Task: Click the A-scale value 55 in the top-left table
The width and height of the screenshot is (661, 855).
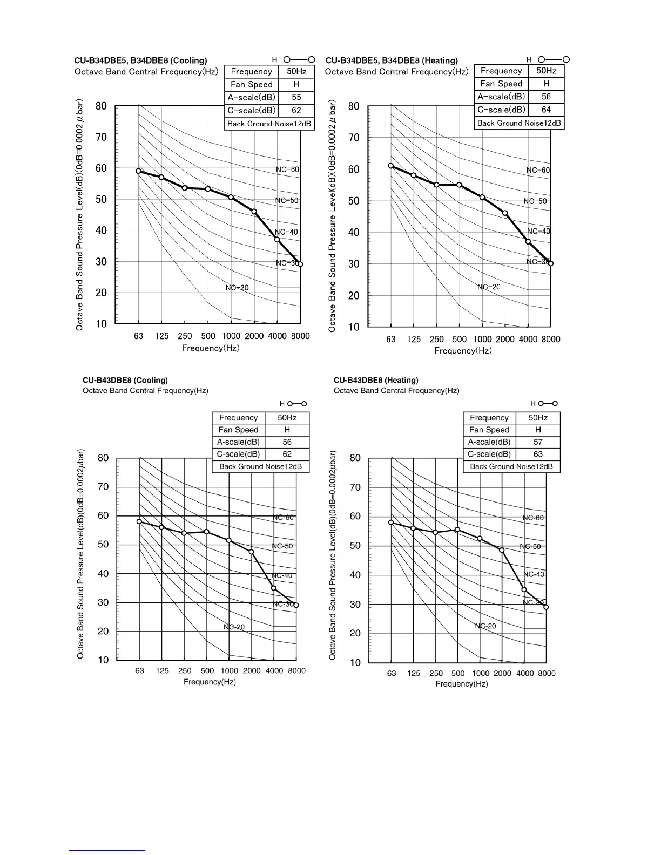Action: [x=296, y=98]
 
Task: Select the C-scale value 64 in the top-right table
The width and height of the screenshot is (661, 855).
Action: [x=546, y=110]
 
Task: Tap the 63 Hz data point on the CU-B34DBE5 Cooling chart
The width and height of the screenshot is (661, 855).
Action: [x=138, y=171]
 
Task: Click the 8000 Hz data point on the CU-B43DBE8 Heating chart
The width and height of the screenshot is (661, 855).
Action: [x=546, y=607]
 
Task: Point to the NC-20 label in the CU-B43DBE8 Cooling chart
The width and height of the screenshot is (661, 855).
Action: [x=234, y=627]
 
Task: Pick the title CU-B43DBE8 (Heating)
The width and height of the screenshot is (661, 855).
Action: [x=376, y=380]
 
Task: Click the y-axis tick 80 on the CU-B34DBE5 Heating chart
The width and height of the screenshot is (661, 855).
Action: [x=354, y=106]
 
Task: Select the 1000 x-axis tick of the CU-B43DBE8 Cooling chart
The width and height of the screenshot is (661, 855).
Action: [x=229, y=671]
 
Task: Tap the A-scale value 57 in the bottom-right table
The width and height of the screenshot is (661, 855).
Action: [x=538, y=442]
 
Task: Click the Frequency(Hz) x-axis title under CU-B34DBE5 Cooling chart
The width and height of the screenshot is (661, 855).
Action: [x=210, y=348]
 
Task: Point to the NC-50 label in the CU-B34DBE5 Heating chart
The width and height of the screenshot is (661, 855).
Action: [x=535, y=201]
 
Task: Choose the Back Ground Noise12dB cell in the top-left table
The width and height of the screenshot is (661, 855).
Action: [x=269, y=124]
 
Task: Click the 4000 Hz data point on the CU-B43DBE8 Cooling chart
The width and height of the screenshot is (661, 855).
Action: [x=274, y=588]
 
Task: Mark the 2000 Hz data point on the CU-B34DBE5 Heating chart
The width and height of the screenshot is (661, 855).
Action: [x=505, y=213]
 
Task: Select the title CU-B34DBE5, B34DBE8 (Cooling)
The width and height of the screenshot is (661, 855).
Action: [x=140, y=60]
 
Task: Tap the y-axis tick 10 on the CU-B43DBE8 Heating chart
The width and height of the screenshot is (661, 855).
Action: [x=355, y=662]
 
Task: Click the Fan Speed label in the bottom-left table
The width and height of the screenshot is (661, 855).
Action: [x=238, y=430]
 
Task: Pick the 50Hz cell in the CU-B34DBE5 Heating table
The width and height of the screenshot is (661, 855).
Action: [x=546, y=71]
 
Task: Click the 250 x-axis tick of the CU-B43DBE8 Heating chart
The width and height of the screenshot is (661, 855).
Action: [x=436, y=673]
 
